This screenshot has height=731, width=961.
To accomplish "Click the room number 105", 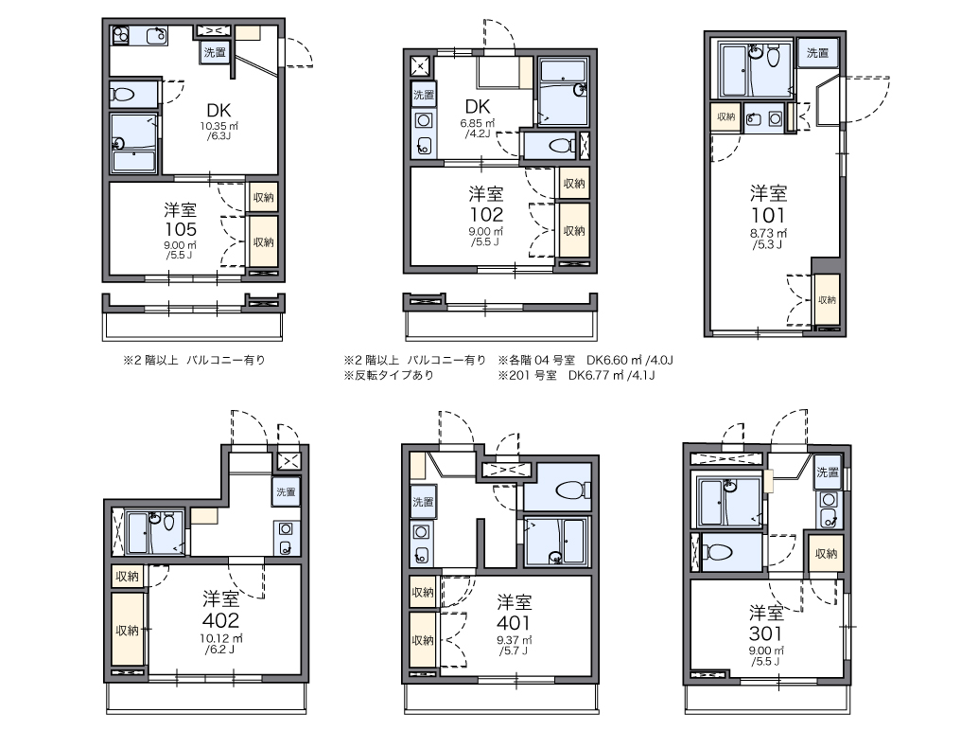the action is click(x=180, y=229).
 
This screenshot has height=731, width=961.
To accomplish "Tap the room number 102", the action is click(x=486, y=215).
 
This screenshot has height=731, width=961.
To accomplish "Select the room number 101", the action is click(x=768, y=216).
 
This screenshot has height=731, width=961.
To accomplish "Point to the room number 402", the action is click(x=220, y=620).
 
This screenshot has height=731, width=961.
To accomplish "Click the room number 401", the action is click(x=514, y=623).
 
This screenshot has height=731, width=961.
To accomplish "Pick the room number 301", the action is click(x=765, y=633).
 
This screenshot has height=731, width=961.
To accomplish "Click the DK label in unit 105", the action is click(x=218, y=111).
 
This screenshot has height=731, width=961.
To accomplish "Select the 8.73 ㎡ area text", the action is click(x=768, y=234).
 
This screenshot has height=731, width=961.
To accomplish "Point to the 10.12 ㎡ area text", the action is click(x=221, y=639).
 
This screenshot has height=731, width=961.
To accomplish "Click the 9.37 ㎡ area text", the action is click(x=514, y=640).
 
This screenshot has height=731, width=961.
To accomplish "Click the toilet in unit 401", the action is click(x=571, y=490).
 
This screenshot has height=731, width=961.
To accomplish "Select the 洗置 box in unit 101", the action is click(x=818, y=53).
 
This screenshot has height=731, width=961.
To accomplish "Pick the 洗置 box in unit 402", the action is click(x=286, y=491).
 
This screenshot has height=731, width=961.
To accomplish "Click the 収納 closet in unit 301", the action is click(x=826, y=554).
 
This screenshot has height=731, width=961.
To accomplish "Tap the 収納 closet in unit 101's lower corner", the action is click(x=827, y=300).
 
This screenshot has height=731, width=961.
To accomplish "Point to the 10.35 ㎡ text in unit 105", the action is click(x=218, y=127).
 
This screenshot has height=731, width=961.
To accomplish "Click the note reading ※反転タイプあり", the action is click(x=389, y=375).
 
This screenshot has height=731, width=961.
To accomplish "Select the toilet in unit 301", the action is click(x=717, y=553).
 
